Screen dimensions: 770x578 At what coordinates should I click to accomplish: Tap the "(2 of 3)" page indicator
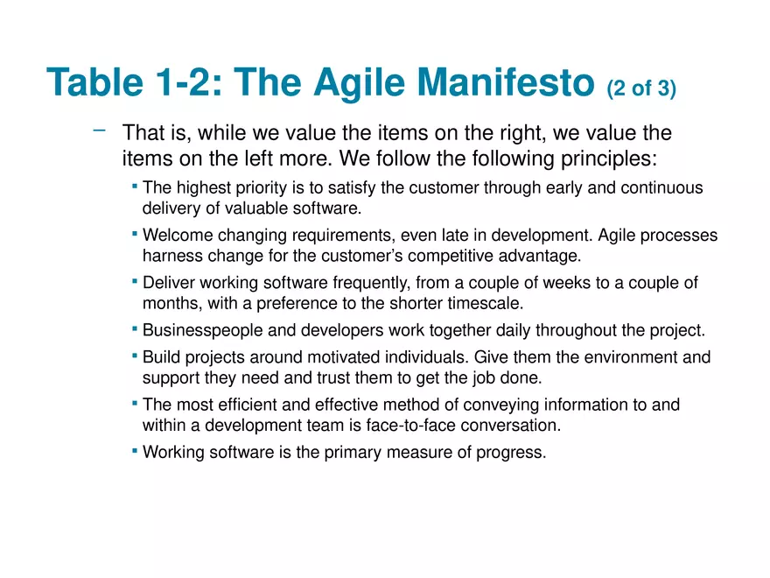(x=641, y=88)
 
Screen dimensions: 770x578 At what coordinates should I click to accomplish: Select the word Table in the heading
(x=94, y=81)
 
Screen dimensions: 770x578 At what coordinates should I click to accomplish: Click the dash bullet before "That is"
(x=99, y=130)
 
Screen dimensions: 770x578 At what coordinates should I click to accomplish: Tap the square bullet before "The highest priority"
(x=135, y=186)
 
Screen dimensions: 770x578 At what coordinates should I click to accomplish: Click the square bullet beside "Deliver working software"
(x=135, y=281)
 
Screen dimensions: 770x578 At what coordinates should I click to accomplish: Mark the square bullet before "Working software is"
(x=135, y=450)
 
